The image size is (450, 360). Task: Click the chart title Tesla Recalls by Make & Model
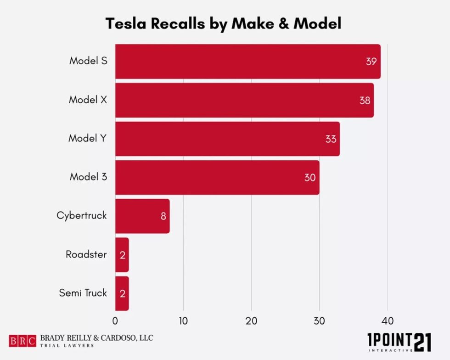pyautogui.click(x=224, y=23)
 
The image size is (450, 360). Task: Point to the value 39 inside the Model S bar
pyautogui.click(x=371, y=62)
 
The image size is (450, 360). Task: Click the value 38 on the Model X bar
pyautogui.click(x=365, y=100)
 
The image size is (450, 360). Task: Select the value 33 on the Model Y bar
pyautogui.click(x=331, y=139)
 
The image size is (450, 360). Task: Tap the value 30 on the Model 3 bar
pyautogui.click(x=310, y=177)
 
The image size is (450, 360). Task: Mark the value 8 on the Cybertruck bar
pyautogui.click(x=163, y=216)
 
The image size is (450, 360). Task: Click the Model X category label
pyautogui.click(x=88, y=99)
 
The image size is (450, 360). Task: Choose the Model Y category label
pyautogui.click(x=88, y=138)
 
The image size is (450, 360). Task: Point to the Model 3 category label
pyautogui.click(x=88, y=176)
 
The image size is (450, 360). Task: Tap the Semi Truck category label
pyautogui.click(x=83, y=292)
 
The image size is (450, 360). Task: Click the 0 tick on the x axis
pyautogui.click(x=115, y=320)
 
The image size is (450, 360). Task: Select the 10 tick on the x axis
pyautogui.click(x=183, y=320)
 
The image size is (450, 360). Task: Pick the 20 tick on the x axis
pyautogui.click(x=251, y=320)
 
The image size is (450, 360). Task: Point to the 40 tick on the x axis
pyautogui.click(x=388, y=320)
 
